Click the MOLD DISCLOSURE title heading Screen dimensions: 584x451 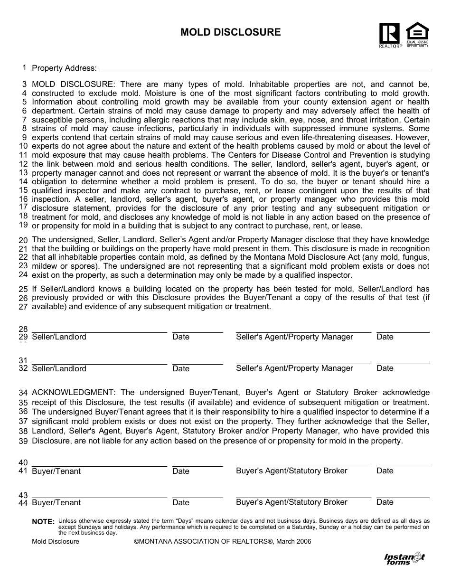[230, 32]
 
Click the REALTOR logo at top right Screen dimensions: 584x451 [389, 35]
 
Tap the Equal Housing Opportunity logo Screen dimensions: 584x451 [417, 34]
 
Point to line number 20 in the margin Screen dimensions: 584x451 [23, 240]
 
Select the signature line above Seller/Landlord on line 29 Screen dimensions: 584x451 [99, 332]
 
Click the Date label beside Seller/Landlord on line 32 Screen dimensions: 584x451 [181, 368]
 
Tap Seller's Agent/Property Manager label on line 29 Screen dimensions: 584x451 [294, 337]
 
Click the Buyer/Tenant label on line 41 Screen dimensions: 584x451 [56, 471]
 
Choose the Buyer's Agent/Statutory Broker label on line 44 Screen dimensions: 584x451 [291, 502]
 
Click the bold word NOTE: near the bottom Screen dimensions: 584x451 [43, 521]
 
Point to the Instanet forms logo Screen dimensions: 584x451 [404, 559]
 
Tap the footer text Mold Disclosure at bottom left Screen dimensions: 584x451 [56, 541]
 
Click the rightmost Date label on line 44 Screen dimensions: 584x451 [385, 502]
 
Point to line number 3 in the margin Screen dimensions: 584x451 [25, 84]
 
